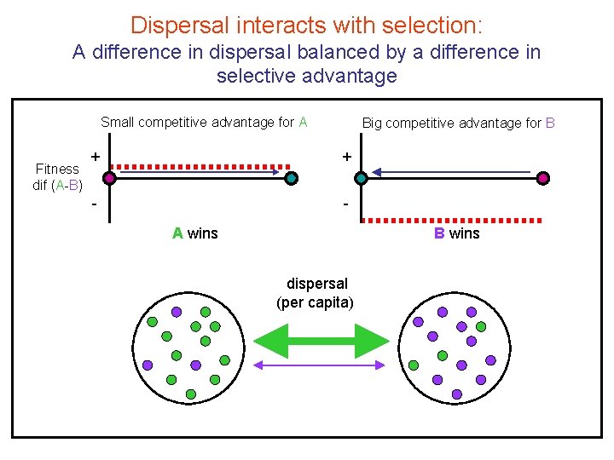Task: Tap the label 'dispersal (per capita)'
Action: coord(316,293)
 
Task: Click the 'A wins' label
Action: coord(195,233)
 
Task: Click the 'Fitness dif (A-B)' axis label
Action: coord(57,177)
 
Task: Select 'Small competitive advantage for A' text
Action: coord(204,122)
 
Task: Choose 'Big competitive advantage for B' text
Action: coord(459,123)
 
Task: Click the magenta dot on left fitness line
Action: coord(109,178)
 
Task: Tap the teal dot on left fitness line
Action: coord(292,178)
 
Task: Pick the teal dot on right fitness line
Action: coord(361,178)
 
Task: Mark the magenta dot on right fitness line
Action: coord(543,178)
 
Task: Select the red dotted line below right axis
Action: coord(452,219)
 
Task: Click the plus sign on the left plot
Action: coord(96,156)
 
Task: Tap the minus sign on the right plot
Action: coord(345,205)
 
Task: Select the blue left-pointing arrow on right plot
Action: coord(452,173)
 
